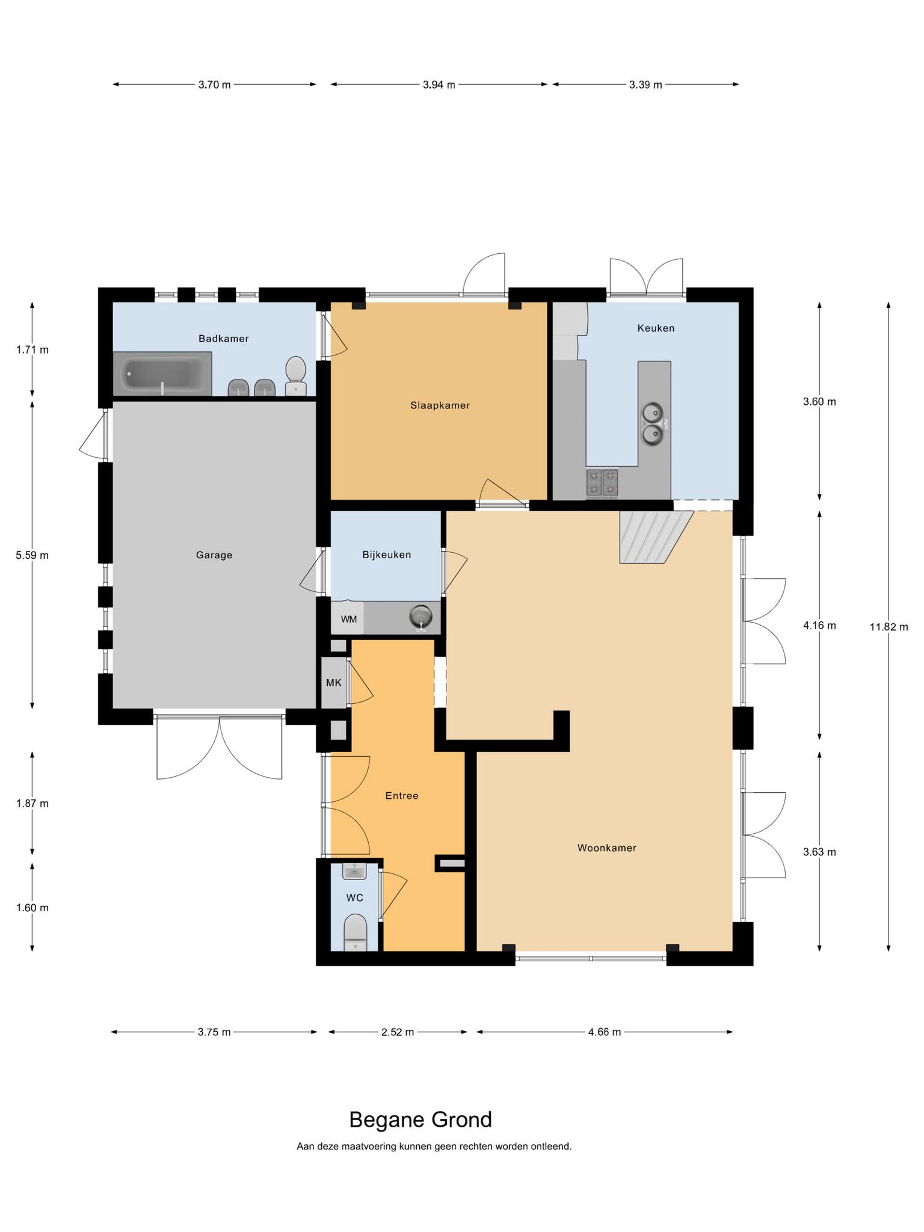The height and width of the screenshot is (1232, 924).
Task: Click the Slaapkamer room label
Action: [440, 405]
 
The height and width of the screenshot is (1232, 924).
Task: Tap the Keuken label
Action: [656, 328]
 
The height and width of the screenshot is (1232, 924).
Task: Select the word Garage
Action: [214, 555]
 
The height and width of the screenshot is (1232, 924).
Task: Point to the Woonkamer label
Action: [606, 848]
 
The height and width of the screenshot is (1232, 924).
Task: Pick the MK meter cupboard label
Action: [333, 683]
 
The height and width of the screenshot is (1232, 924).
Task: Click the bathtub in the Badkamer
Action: [163, 374]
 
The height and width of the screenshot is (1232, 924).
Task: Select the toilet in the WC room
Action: [355, 933]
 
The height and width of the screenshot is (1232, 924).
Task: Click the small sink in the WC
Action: [355, 870]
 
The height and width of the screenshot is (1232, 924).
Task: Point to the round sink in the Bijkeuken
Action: [420, 617]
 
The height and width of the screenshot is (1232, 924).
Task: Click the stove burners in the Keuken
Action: [602, 484]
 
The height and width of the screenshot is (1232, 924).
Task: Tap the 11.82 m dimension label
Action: [889, 627]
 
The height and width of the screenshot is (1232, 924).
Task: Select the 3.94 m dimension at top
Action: [439, 85]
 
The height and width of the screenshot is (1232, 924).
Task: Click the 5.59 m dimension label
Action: [32, 555]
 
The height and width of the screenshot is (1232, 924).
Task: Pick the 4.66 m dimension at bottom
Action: [605, 1032]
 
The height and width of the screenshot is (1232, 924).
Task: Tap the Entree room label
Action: [402, 796]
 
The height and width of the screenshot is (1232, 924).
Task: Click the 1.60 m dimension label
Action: [32, 908]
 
